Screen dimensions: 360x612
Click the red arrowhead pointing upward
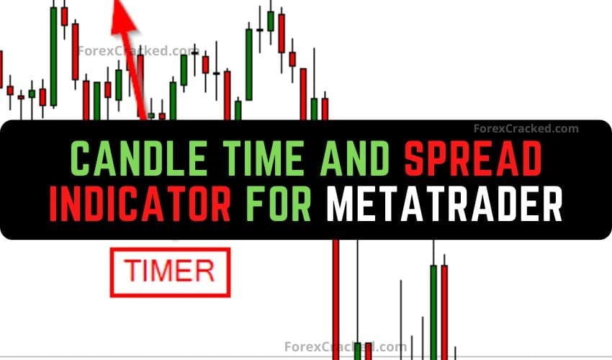tap(122, 17)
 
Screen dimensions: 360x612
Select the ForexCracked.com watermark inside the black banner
tap(526, 129)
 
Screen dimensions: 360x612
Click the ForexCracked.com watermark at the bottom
tap(346, 346)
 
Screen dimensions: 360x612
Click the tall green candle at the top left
tap(53, 54)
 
